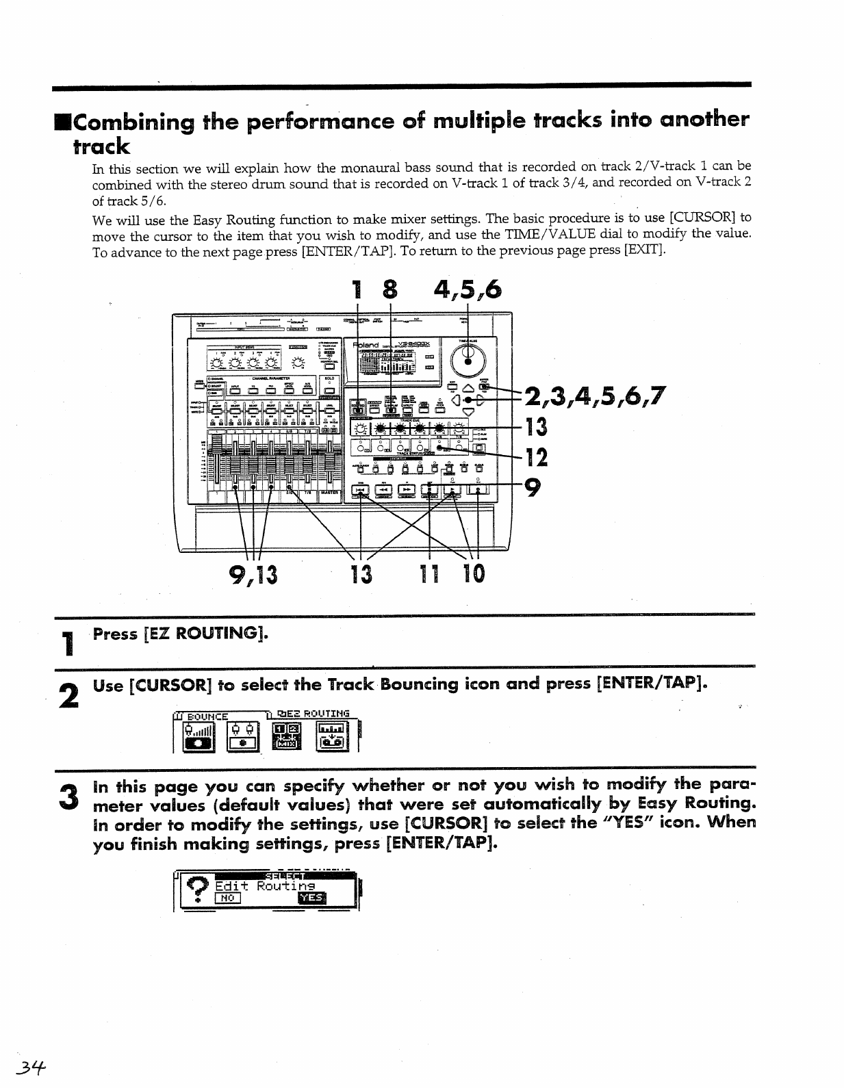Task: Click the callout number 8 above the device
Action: coord(389,290)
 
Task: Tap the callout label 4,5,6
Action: coord(468,290)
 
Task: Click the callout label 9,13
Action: coord(253,573)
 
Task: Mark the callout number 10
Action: coord(473,573)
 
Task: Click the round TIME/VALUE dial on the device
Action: coord(468,358)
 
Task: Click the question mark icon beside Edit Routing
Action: coord(199,889)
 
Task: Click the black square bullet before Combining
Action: coord(62,122)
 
